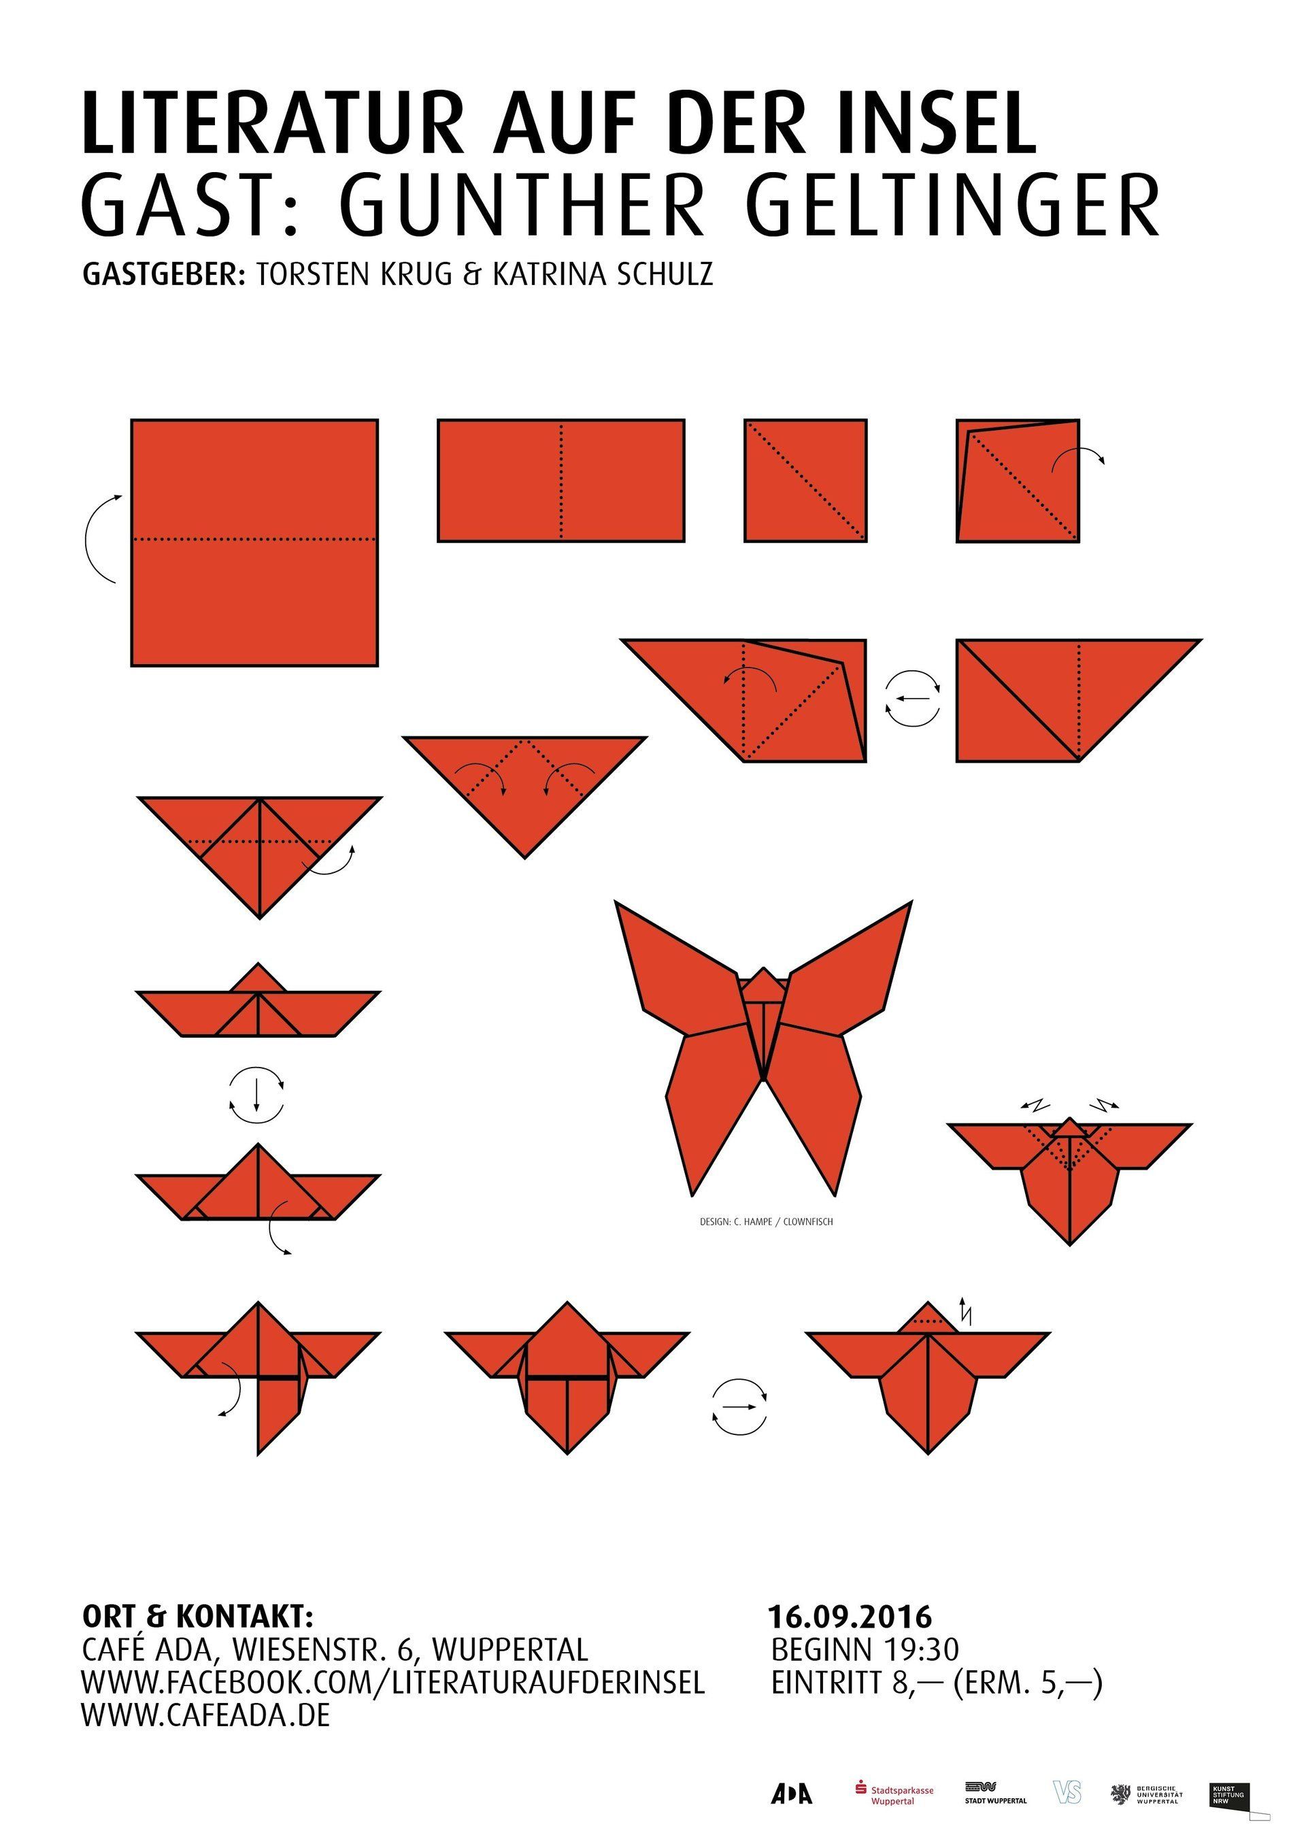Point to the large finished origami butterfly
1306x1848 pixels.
[x=762, y=1047]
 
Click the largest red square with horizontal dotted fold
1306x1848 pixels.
[x=254, y=542]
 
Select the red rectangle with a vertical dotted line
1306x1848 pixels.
[x=561, y=480]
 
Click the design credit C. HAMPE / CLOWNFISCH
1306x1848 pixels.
[x=766, y=1222]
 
